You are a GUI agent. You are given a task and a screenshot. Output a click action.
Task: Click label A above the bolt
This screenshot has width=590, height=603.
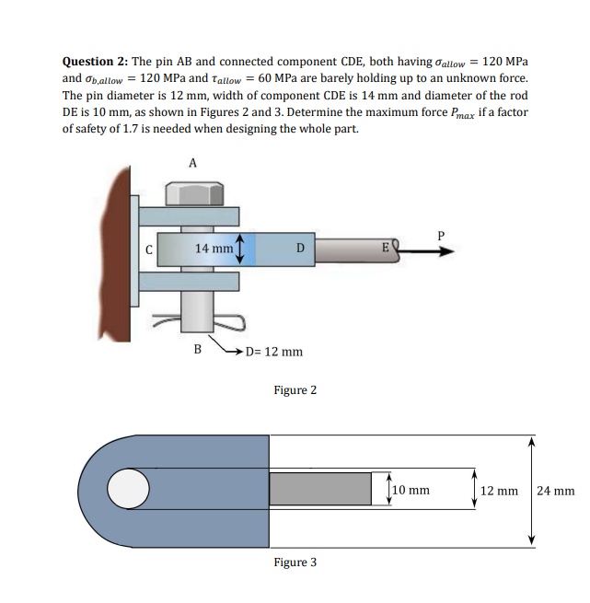point(192,164)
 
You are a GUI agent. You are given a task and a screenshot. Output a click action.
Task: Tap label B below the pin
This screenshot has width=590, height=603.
point(196,350)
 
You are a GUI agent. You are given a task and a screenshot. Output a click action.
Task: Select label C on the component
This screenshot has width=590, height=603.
point(149,249)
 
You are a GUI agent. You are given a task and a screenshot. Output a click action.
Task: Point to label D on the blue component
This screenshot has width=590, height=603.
point(300,249)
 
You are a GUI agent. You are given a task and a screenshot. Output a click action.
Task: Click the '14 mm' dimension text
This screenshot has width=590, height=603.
point(214,249)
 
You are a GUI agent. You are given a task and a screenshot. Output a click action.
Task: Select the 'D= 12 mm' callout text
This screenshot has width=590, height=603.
point(274,352)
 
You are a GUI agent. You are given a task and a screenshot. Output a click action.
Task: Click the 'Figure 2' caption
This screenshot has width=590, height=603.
point(295,390)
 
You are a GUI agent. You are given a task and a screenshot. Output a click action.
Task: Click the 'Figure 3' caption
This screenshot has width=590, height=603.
point(295,562)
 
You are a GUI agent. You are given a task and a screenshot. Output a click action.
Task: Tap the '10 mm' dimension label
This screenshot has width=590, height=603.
point(411,490)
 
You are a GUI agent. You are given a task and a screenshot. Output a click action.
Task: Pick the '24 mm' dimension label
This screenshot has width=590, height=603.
point(555,490)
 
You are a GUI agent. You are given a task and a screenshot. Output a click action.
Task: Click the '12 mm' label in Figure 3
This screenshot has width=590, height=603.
point(500,490)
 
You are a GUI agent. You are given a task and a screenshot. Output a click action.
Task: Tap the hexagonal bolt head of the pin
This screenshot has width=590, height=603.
point(194,193)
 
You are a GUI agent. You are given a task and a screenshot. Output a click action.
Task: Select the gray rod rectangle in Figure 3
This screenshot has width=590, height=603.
point(320,490)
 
